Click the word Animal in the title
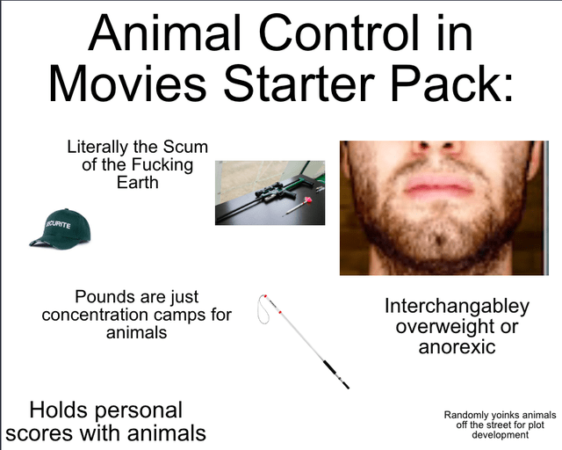(164, 33)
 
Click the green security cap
(61, 229)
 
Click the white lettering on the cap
(58, 225)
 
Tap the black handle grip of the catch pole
(335, 374)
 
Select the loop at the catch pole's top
(263, 309)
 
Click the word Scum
(185, 147)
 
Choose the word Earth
(138, 182)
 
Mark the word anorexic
(457, 346)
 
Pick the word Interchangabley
(457, 307)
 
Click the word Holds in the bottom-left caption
(58, 410)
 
